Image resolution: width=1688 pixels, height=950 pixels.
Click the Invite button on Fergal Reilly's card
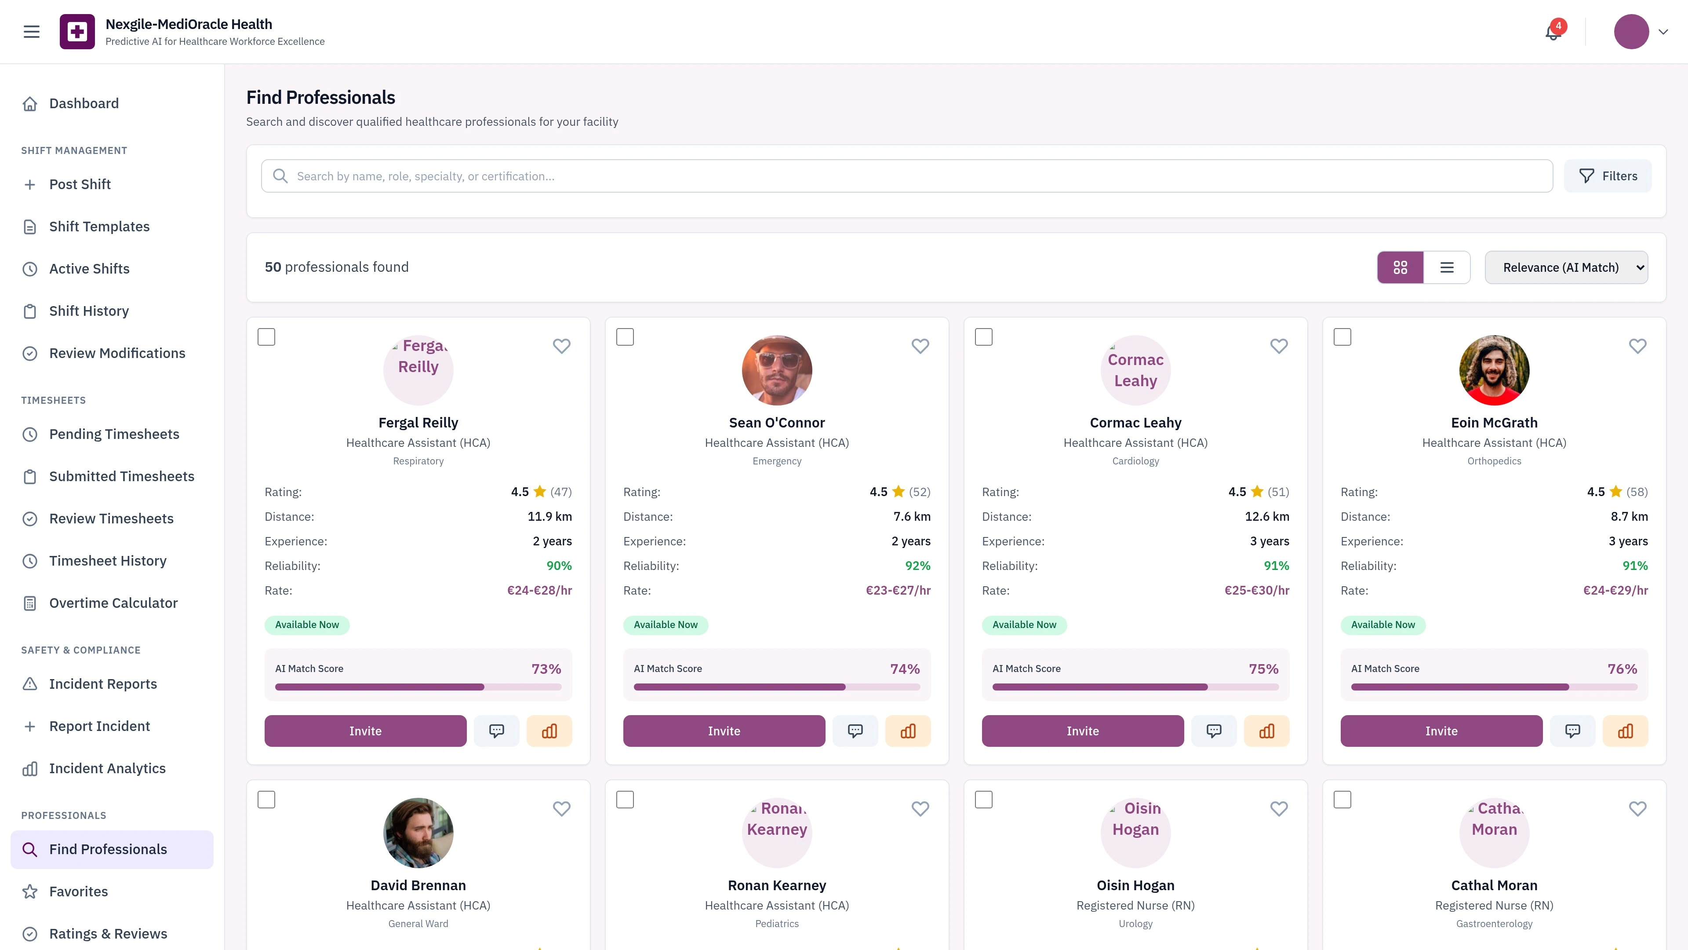[x=365, y=731]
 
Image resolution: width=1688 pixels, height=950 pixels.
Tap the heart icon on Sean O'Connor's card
[x=920, y=346]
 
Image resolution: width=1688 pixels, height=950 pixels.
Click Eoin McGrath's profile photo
[x=1494, y=370]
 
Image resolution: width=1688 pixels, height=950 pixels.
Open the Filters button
[x=1608, y=176]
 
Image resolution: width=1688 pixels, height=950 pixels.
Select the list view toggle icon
[x=1447, y=267]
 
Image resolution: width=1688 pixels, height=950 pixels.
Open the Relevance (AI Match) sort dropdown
[x=1566, y=267]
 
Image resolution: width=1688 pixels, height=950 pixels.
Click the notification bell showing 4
[x=1552, y=32]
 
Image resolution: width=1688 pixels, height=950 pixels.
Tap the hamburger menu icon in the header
[x=32, y=32]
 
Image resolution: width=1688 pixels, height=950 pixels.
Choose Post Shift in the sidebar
[x=80, y=184]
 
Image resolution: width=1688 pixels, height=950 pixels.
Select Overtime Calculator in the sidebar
[x=113, y=603]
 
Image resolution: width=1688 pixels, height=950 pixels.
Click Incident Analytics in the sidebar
[x=107, y=768]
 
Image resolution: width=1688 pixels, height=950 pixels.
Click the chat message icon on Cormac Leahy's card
[x=1214, y=731]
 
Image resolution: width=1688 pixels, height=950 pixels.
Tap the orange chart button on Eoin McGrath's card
[x=1625, y=731]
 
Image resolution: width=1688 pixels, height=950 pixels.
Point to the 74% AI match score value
[x=904, y=669]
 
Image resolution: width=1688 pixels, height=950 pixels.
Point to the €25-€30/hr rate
[x=1256, y=590]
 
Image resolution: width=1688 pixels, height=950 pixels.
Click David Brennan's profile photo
[x=418, y=833]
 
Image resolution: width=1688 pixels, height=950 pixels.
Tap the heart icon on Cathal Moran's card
[x=1637, y=808]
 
